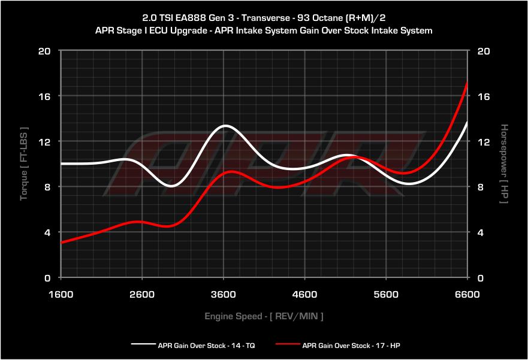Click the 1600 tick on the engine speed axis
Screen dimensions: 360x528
click(61, 294)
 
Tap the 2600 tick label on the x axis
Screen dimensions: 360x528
click(142, 294)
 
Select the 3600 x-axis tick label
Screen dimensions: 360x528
click(224, 294)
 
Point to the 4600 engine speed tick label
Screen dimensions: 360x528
click(304, 294)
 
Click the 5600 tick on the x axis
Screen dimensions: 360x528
click(386, 294)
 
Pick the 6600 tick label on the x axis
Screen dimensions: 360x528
click(467, 294)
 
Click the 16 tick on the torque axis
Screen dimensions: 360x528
click(44, 96)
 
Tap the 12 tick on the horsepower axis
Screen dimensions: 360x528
click(483, 141)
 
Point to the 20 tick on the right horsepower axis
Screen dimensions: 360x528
click(483, 51)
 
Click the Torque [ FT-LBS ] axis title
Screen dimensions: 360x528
click(24, 164)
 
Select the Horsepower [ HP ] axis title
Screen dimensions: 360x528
click(504, 164)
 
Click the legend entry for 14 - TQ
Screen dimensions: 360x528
click(193, 345)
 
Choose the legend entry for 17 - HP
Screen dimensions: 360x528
click(337, 345)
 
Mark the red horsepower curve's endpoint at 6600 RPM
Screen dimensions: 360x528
click(467, 82)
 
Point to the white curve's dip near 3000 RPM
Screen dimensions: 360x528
click(171, 186)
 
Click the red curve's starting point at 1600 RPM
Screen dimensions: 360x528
click(62, 243)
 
